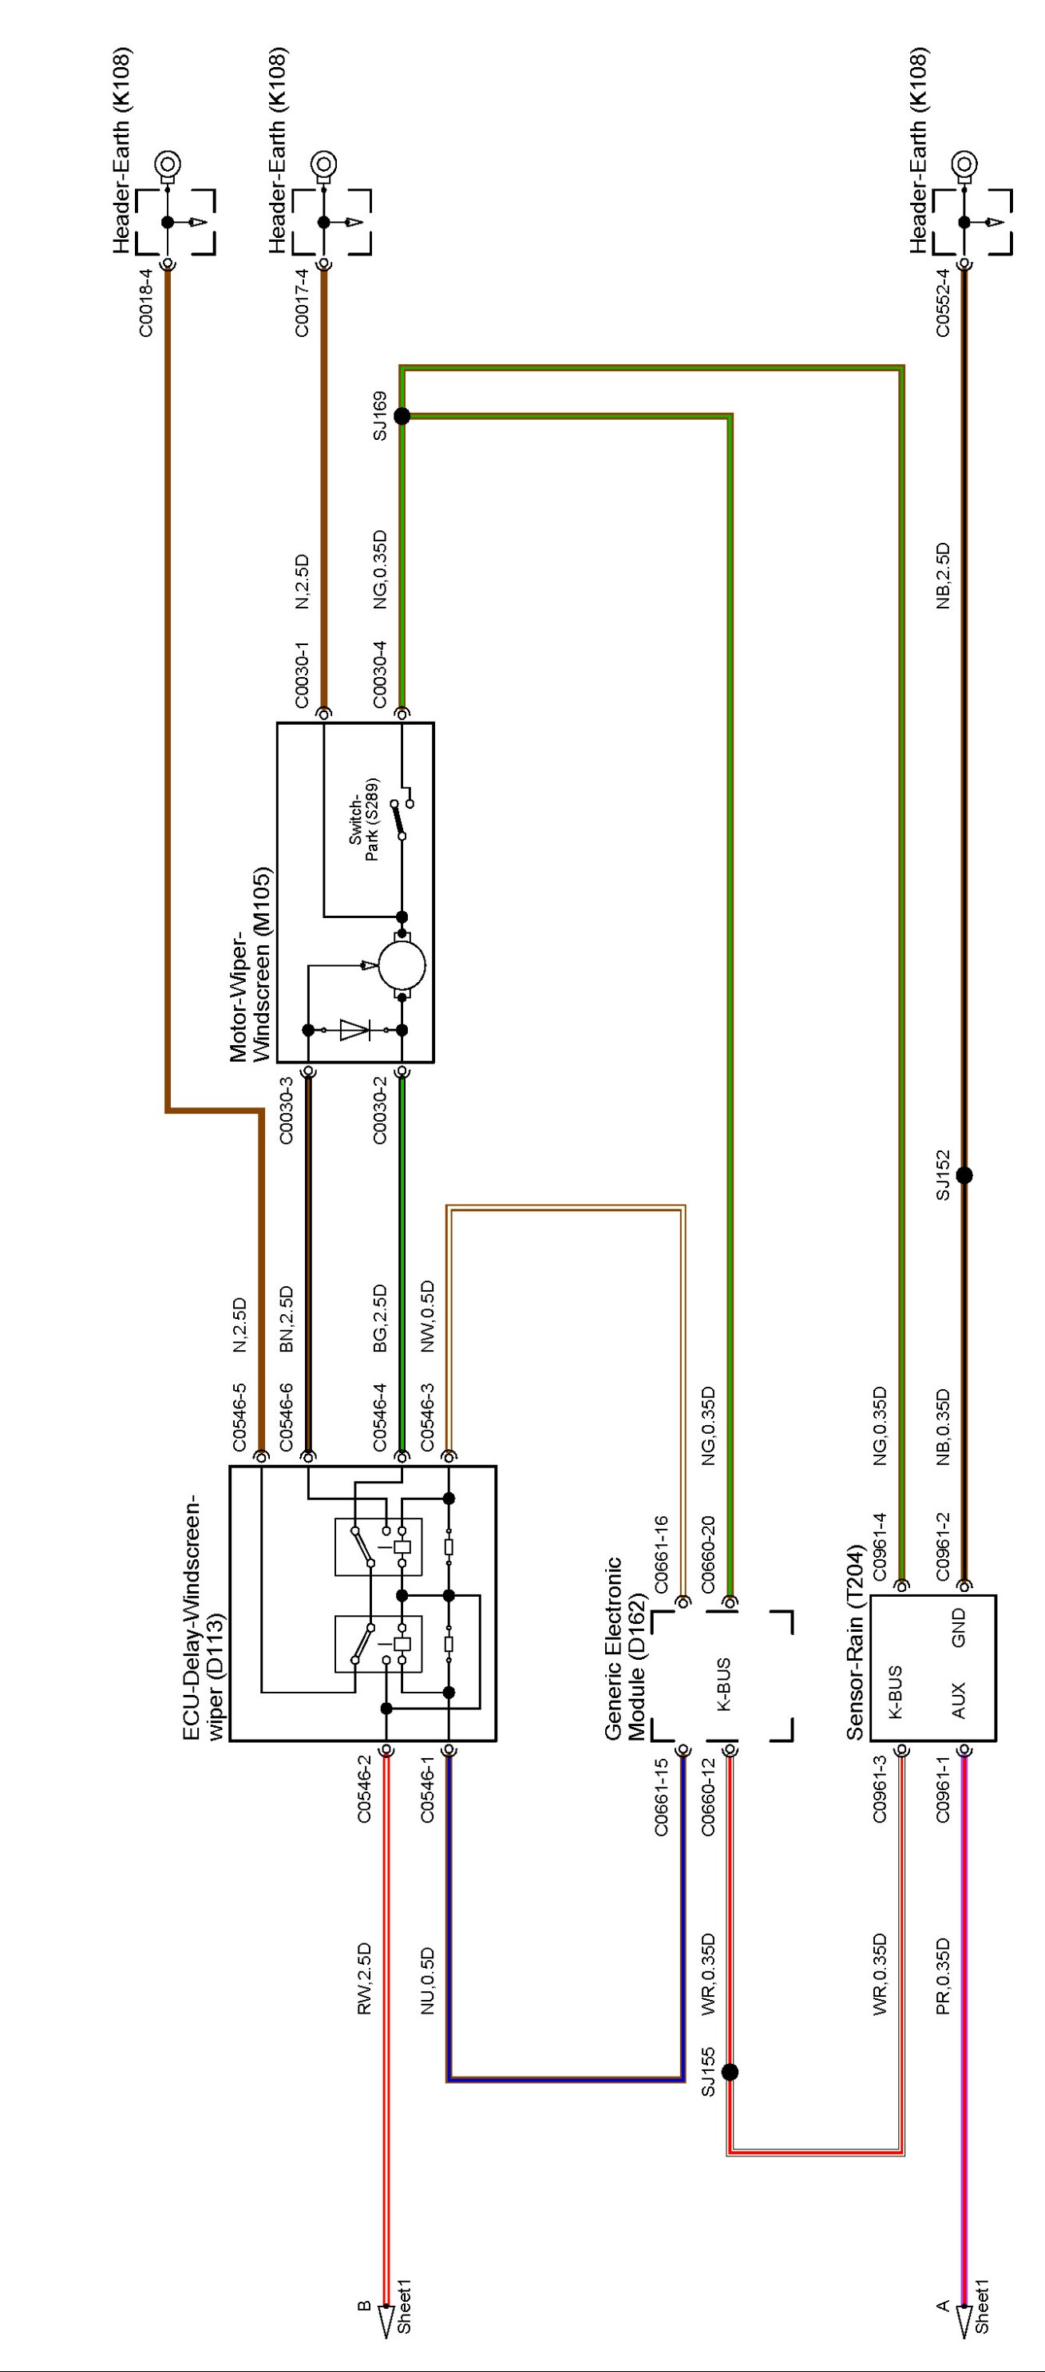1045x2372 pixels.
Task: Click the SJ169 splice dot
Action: [x=402, y=416]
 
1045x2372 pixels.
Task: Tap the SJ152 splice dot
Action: [x=964, y=1176]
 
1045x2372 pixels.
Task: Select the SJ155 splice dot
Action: [x=730, y=2073]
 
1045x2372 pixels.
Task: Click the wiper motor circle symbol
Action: [x=402, y=965]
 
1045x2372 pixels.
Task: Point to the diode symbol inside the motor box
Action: [x=354, y=1029]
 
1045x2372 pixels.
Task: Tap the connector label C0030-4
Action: [x=380, y=675]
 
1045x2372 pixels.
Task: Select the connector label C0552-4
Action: [x=943, y=303]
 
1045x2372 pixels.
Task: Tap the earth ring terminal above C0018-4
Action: [x=168, y=164]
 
